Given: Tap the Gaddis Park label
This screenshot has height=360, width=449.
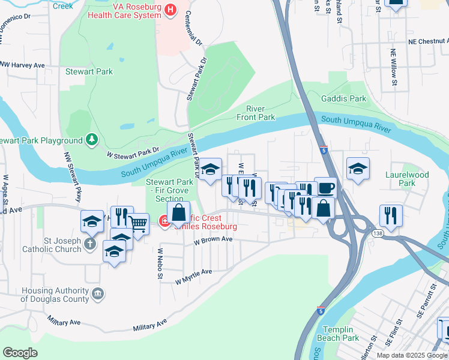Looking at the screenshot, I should pos(343,98).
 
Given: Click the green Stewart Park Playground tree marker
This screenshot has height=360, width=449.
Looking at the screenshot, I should pos(91,140).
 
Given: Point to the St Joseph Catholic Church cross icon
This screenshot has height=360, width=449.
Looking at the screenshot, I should pos(89,244).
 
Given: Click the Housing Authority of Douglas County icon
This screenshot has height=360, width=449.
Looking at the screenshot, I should pos(98,293).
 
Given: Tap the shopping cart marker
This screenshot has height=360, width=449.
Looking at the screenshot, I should pos(138,224).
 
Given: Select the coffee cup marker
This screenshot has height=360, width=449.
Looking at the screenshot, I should pos(325,188).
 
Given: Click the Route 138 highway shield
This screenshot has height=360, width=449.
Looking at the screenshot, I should pos(376,234).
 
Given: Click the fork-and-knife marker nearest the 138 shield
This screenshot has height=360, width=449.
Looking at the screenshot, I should pos(391,215).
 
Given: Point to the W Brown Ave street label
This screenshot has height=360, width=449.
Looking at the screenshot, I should pos(212,239).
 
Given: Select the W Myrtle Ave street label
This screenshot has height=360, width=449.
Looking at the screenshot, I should pos(194,277).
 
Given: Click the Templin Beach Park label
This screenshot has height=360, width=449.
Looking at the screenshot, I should pos(340,334).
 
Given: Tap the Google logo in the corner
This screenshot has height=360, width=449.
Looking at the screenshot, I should pos(20,353).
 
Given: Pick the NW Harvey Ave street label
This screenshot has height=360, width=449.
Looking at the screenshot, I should pos(22,65).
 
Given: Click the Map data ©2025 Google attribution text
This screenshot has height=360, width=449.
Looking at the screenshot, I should pos(411,355).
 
